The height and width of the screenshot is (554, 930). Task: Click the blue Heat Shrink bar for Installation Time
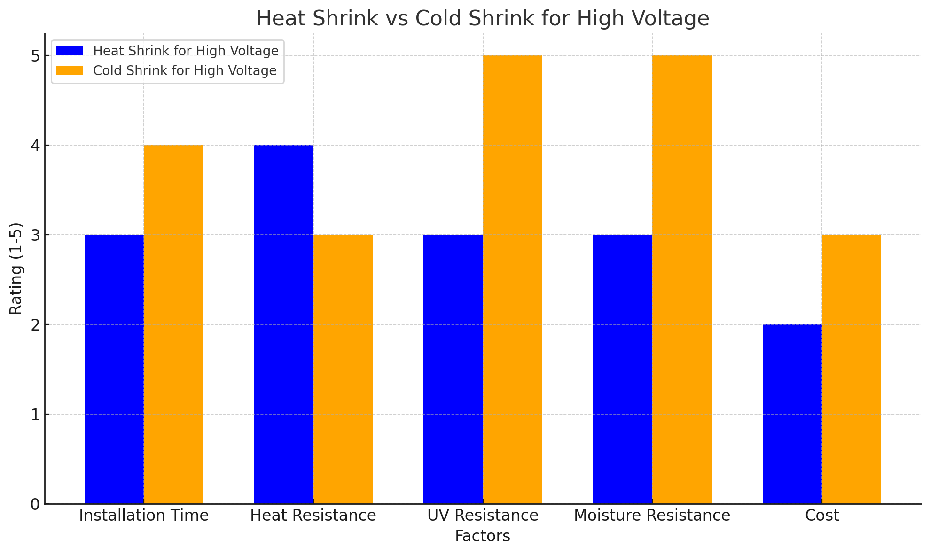pos(114,369)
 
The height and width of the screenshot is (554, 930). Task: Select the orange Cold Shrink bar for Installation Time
pos(173,324)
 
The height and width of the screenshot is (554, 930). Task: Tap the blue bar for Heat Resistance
pos(284,324)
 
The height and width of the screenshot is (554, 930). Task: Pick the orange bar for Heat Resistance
pos(343,369)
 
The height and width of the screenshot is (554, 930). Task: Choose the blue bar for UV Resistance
pos(453,369)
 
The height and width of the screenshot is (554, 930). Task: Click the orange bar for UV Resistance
pos(513,279)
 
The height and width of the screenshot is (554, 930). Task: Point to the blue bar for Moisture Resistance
pos(623,369)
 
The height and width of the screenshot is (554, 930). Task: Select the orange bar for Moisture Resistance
pos(682,279)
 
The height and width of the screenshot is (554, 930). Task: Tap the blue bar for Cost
pos(792,414)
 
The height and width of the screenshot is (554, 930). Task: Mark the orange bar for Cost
pos(852,369)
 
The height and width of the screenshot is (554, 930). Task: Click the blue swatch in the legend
pos(70,51)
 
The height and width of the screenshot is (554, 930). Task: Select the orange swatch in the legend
pos(70,70)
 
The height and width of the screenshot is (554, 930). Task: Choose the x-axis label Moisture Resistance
pos(652,516)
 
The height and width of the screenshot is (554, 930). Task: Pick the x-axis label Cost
pos(822,516)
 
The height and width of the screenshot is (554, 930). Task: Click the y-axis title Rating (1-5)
pos(16,269)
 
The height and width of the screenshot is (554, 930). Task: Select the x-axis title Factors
pos(483,536)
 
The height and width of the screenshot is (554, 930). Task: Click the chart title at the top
pos(483,19)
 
